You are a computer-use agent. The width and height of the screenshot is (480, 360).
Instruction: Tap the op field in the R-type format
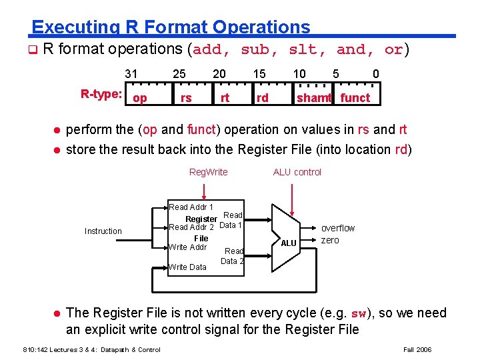point(140,99)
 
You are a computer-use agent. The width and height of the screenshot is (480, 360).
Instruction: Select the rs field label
point(186,99)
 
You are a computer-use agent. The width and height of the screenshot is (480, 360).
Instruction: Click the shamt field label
point(314,99)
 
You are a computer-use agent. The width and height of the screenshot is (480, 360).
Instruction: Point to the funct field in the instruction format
point(355,99)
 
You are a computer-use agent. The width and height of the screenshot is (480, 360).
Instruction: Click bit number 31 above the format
point(131,74)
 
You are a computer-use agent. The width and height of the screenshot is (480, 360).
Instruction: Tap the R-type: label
point(101,94)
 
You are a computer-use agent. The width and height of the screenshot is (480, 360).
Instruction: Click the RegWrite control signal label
point(208,172)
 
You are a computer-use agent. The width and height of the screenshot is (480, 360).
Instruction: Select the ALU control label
point(297,172)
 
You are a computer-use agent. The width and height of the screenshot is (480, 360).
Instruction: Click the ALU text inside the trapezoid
point(288,243)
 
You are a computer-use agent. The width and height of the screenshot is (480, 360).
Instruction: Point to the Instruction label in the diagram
point(103,231)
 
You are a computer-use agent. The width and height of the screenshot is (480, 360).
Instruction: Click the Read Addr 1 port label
point(191,207)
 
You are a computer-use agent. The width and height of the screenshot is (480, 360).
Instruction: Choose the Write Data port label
point(187,267)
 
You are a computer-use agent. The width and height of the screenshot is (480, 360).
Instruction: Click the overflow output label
point(338,228)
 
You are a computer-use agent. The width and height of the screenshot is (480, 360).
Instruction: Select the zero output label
point(330,240)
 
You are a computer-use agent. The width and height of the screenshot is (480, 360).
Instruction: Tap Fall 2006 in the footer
point(418,349)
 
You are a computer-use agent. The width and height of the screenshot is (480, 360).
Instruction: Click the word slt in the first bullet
point(301,49)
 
